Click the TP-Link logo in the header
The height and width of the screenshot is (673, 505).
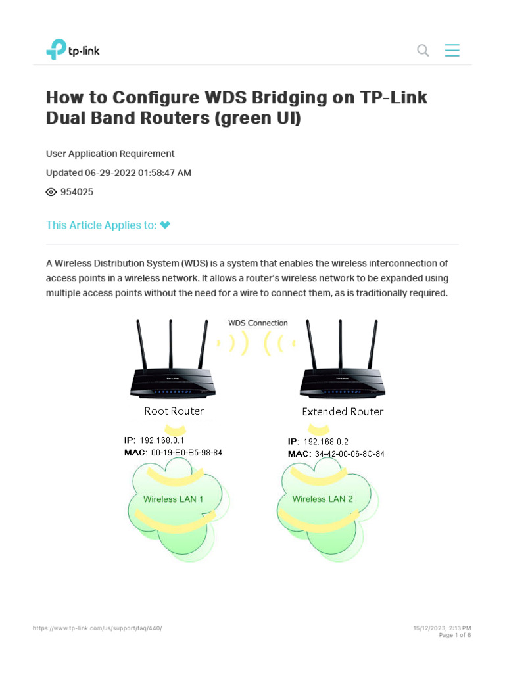tap(72, 50)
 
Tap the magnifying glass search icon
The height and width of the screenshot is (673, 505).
tap(423, 51)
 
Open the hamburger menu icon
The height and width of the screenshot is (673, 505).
tap(452, 51)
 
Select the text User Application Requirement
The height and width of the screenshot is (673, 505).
tap(110, 154)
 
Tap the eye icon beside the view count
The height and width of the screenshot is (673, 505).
tap(51, 192)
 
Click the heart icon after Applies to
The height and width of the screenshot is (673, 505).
tap(165, 225)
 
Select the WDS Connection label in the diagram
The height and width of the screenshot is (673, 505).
tap(258, 323)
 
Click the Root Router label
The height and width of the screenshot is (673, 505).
tap(174, 411)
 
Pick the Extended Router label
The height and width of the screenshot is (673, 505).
tap(343, 412)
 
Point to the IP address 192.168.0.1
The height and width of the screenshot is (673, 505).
tap(162, 440)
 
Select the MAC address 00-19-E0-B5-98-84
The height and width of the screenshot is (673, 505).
tap(187, 453)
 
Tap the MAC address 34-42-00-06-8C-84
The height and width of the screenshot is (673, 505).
tap(350, 454)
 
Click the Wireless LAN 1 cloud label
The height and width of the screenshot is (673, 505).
tap(174, 499)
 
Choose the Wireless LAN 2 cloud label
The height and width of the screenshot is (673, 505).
tap(323, 499)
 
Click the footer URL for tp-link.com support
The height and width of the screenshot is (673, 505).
tap(97, 628)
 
